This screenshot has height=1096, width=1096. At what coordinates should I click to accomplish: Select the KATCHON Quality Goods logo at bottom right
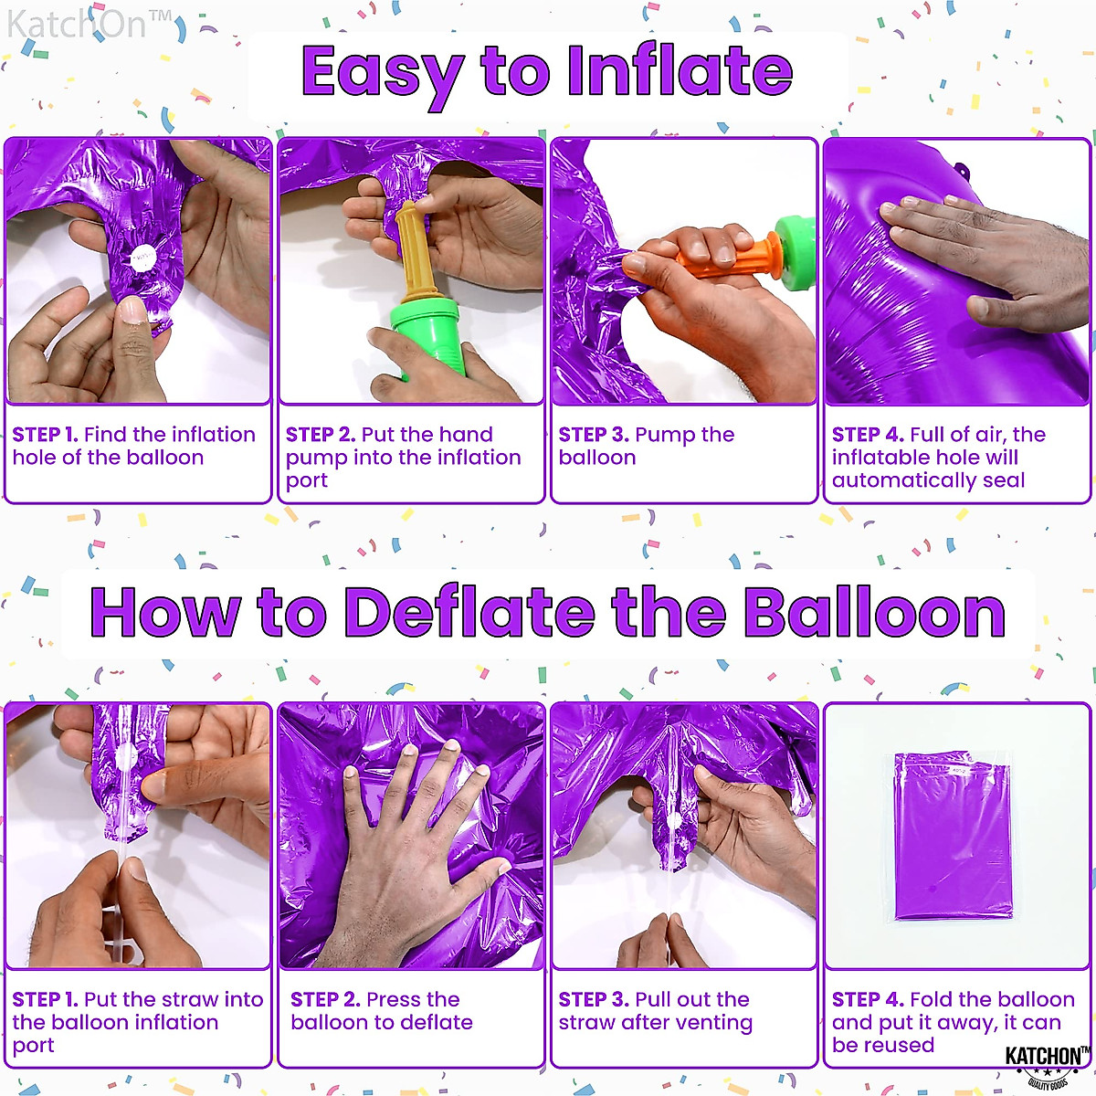coord(1047,1065)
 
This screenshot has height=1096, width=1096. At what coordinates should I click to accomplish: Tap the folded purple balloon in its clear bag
coord(953,836)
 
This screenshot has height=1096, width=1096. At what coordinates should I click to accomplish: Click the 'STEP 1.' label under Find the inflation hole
coord(45,435)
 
